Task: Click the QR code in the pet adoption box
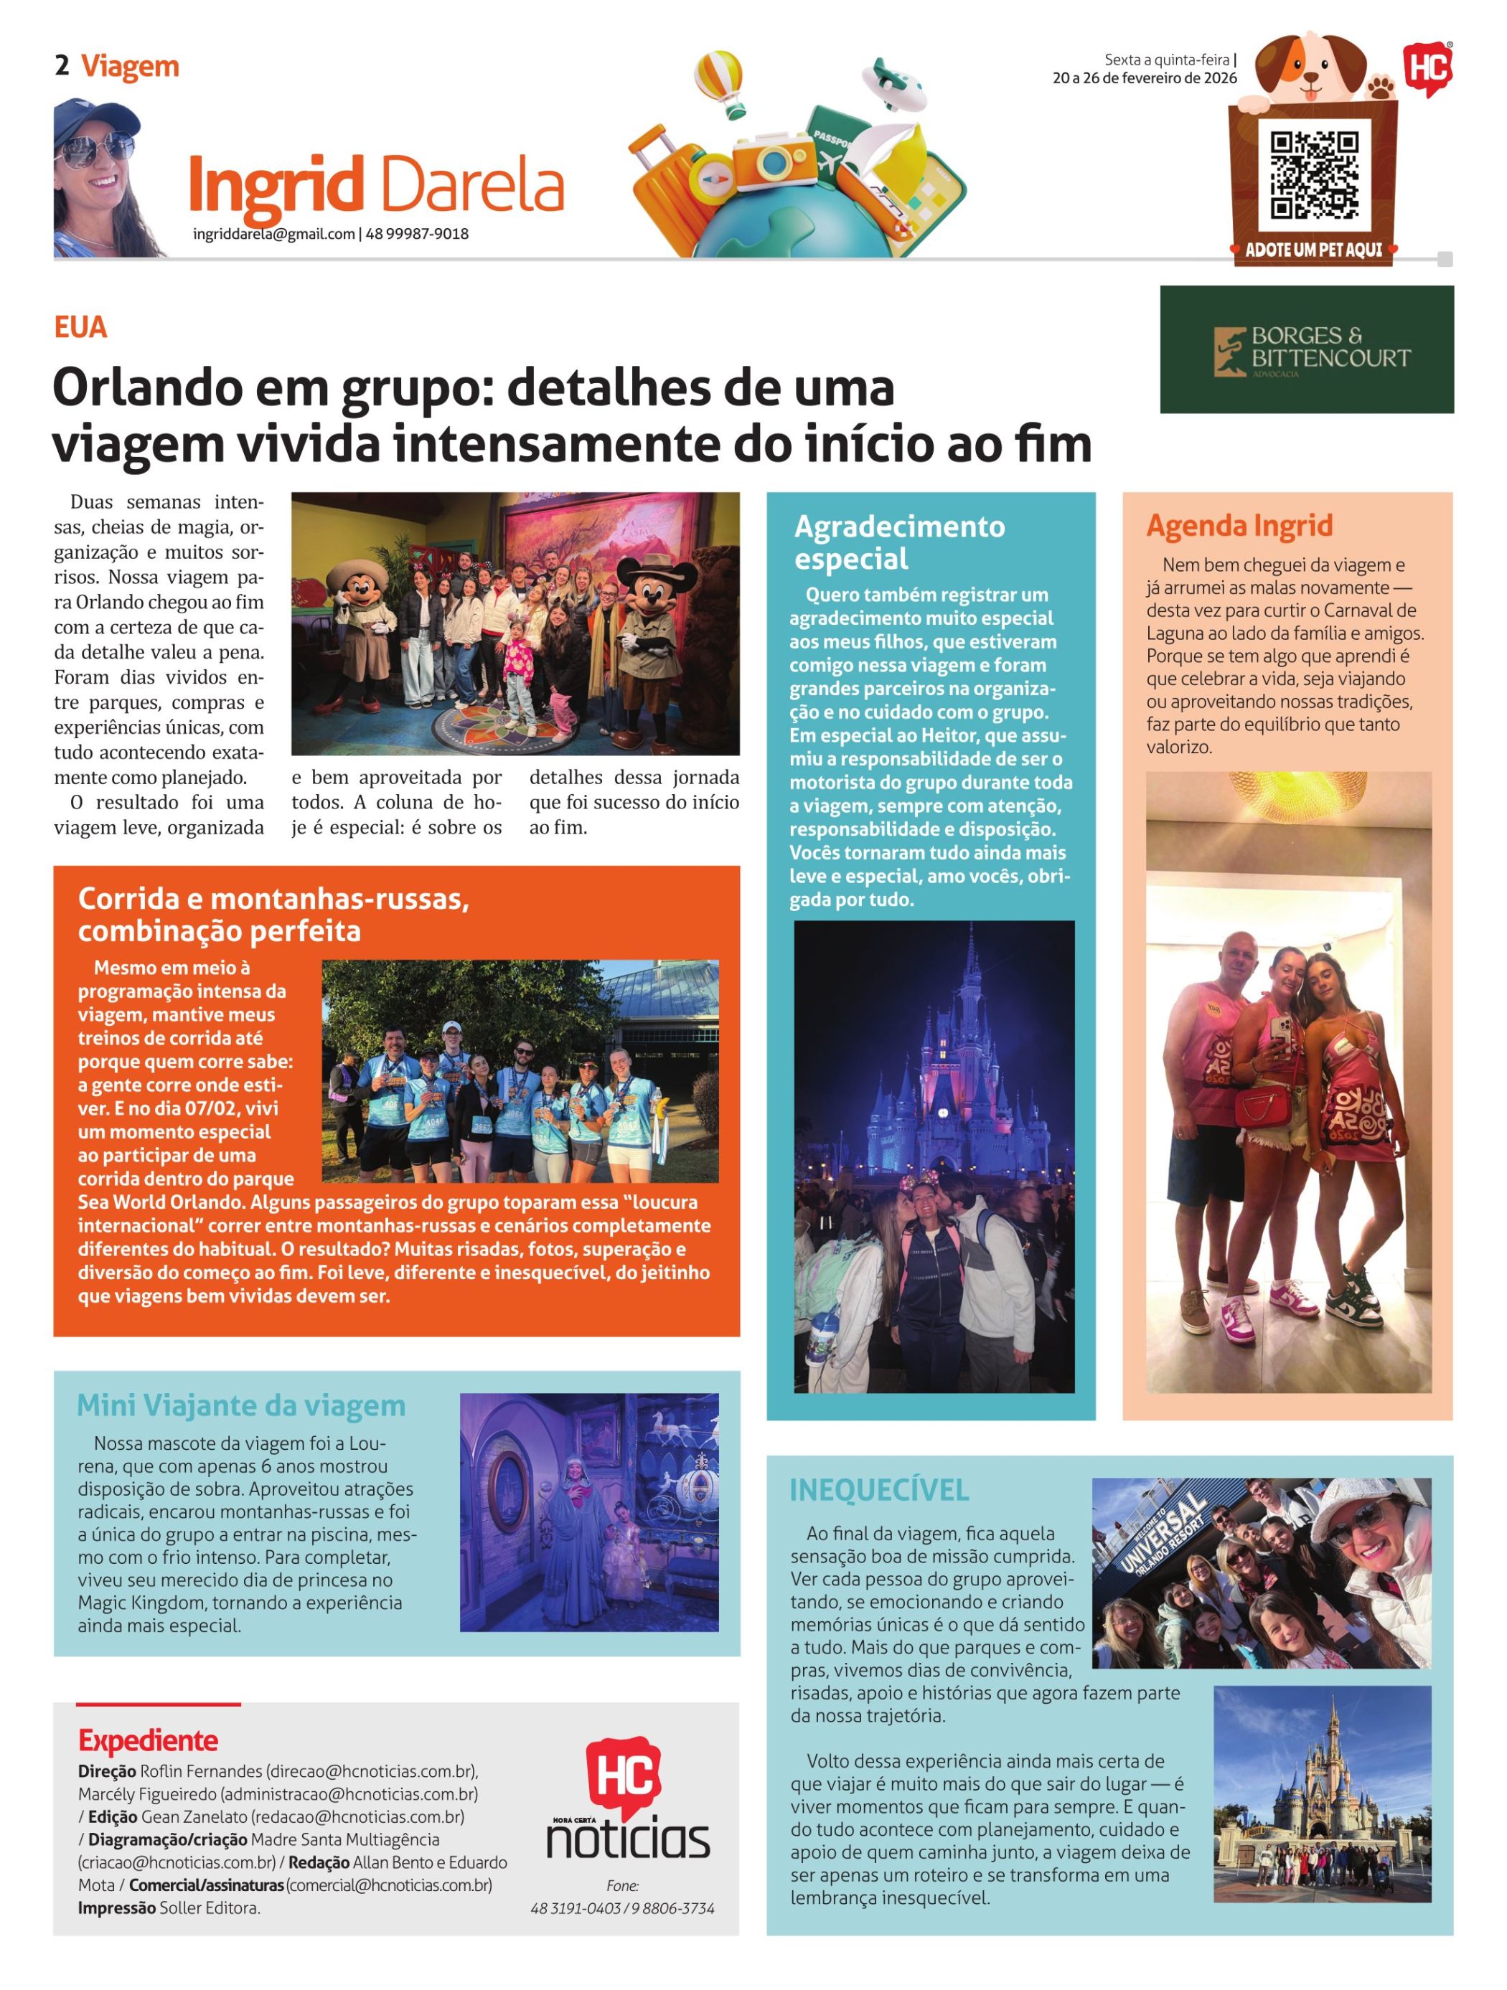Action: pyautogui.click(x=1313, y=176)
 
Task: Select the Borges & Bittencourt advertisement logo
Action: pyautogui.click(x=1306, y=350)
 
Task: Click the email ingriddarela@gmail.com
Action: pyautogui.click(x=273, y=234)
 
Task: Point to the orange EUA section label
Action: pyautogui.click(x=80, y=326)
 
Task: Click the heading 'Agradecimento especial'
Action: pyautogui.click(x=898, y=542)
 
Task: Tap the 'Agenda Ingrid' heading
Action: pyautogui.click(x=1239, y=525)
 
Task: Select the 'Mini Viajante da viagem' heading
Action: pyautogui.click(x=241, y=1405)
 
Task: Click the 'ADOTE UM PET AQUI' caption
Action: pyautogui.click(x=1313, y=250)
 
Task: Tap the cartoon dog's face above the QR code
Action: pyautogui.click(x=1310, y=65)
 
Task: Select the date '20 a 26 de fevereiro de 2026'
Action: pyautogui.click(x=1145, y=78)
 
